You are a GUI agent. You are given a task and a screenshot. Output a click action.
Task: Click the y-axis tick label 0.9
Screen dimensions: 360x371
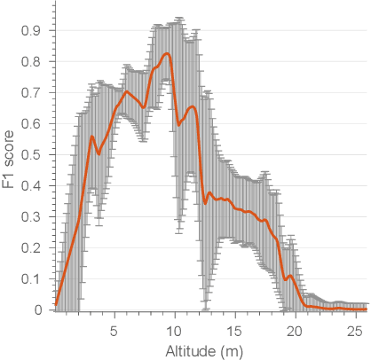click(x=33, y=31)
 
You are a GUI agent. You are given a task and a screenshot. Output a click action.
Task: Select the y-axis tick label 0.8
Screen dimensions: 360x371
click(x=33, y=62)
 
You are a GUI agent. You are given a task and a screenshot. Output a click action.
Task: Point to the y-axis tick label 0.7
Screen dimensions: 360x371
click(x=33, y=93)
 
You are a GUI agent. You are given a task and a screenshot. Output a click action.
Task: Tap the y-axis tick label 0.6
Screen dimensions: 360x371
click(x=33, y=124)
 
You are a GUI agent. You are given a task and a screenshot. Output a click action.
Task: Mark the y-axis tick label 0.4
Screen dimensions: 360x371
click(x=33, y=186)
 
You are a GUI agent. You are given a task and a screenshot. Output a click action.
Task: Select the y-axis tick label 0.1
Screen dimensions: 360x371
click(x=33, y=279)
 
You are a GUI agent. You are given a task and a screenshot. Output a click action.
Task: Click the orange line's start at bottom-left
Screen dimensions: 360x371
click(x=56, y=304)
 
